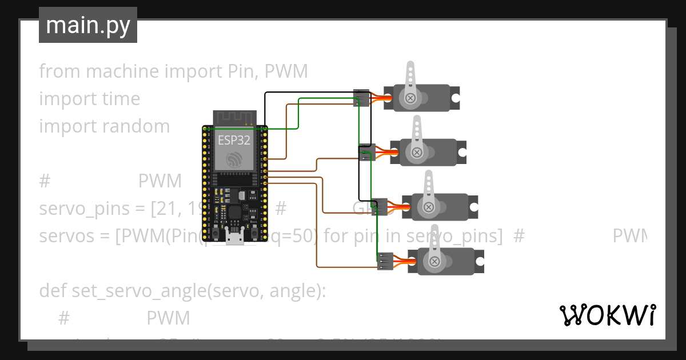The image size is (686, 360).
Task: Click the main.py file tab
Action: (x=87, y=26)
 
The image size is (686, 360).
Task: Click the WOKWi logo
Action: (x=607, y=315)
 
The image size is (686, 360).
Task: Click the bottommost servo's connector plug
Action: (x=385, y=261)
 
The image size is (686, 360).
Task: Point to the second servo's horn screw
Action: (x=417, y=153)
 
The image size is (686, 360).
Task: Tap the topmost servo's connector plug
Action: (x=361, y=98)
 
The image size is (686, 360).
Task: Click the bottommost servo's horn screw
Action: (x=435, y=262)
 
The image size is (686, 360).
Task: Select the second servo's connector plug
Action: (x=366, y=153)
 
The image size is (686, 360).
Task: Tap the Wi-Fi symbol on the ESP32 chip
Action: (x=234, y=159)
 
